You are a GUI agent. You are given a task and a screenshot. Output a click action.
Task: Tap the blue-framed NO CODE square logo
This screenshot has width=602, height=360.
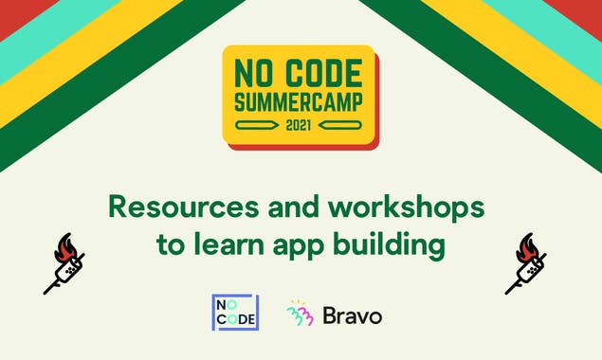point(234,313)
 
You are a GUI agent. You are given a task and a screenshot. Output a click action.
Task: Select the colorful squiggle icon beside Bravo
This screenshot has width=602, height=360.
point(301,314)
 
